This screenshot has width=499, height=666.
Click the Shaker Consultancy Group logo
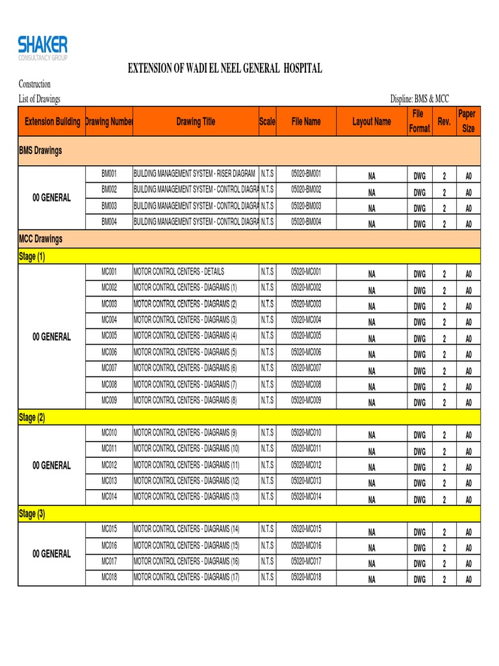tap(43, 48)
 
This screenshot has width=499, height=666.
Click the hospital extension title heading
tap(224, 69)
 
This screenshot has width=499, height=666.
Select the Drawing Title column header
tap(196, 122)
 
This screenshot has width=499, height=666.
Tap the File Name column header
tap(306, 122)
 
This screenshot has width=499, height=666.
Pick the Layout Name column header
tap(372, 122)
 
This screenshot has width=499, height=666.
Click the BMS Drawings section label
tap(40, 151)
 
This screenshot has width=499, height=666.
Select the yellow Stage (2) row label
tap(32, 418)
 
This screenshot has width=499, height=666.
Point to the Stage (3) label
tap(32, 514)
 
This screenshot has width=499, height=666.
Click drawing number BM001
tap(109, 174)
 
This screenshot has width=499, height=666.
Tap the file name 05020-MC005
tap(306, 336)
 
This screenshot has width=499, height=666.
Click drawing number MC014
tap(109, 497)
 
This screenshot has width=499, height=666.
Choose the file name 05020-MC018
tap(306, 577)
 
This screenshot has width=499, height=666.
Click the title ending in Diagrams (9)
tap(185, 433)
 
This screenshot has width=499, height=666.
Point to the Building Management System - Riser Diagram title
tap(194, 174)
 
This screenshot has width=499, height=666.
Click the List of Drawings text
tap(39, 99)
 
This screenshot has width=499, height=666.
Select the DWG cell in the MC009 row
tap(420, 403)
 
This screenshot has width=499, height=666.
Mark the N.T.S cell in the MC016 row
tap(268, 545)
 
